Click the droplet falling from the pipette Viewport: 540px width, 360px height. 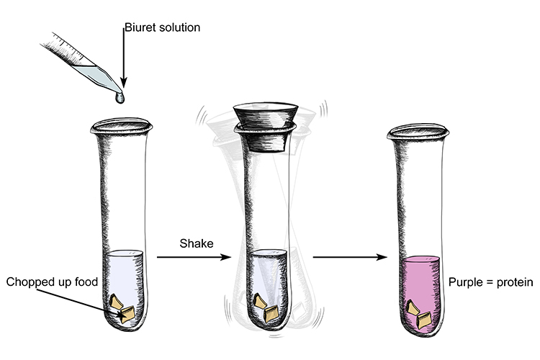tap(120, 96)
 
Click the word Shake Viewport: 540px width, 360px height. tap(196, 243)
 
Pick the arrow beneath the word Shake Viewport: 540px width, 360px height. tap(195, 257)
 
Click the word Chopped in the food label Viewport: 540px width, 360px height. tap(30, 281)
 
